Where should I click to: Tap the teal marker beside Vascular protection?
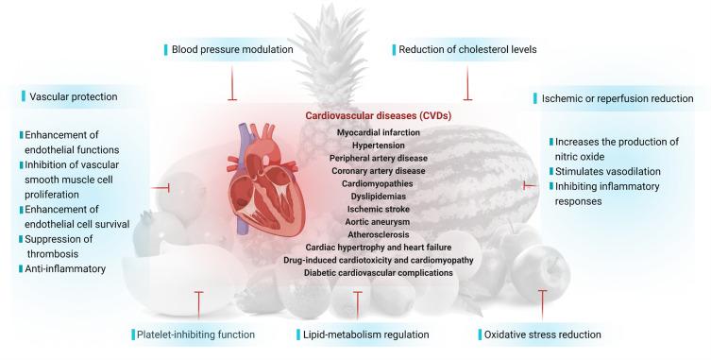coord(21,95)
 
